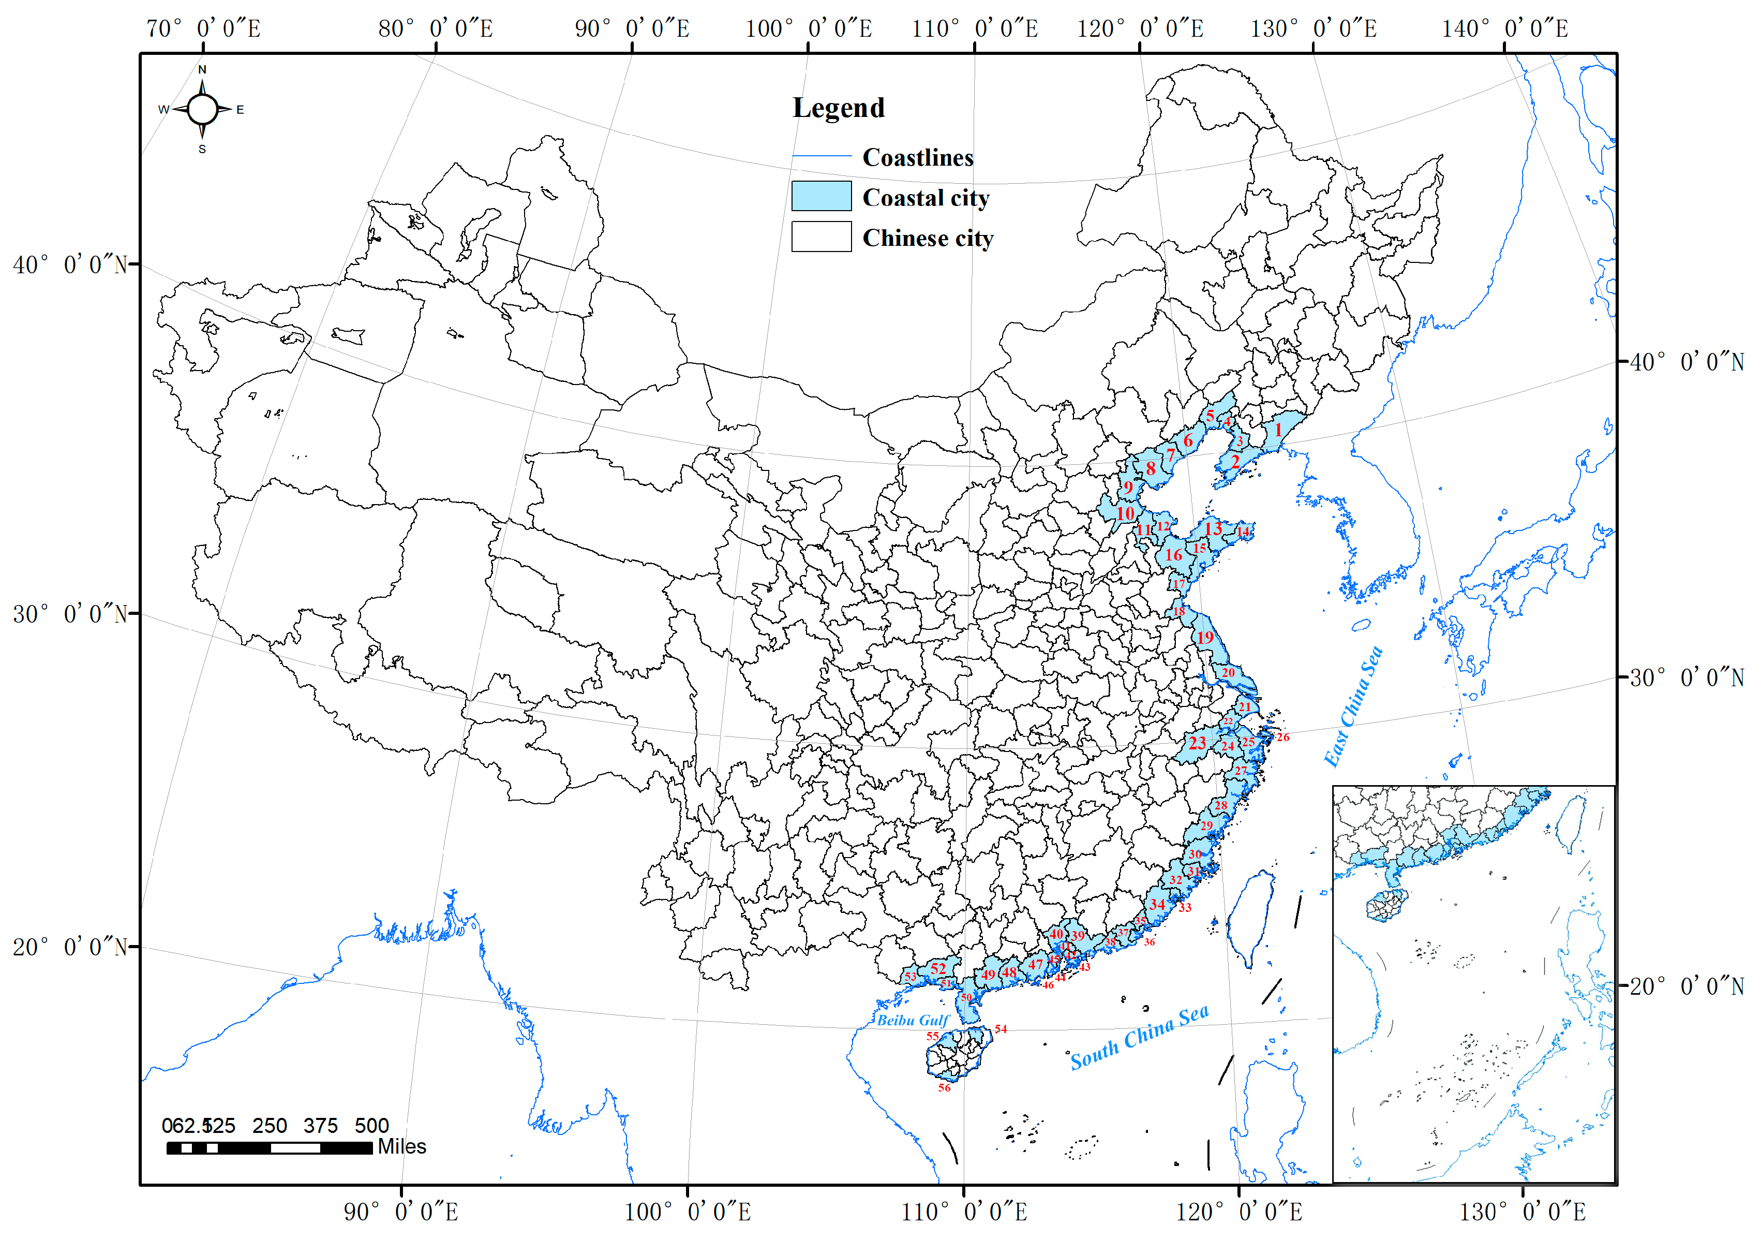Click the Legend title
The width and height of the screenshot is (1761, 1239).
pyautogui.click(x=838, y=108)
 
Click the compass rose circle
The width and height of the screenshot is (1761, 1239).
pyautogui.click(x=202, y=109)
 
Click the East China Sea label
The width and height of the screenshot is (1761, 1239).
pyautogui.click(x=1354, y=706)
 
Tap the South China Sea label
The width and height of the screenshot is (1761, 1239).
pyautogui.click(x=1140, y=1037)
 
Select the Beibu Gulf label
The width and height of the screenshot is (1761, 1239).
pyautogui.click(x=913, y=1021)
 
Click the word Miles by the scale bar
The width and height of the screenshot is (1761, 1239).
pyautogui.click(x=402, y=1146)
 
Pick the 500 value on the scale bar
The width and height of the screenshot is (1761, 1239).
pyautogui.click(x=372, y=1126)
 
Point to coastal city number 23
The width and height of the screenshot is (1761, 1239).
pyautogui.click(x=1197, y=743)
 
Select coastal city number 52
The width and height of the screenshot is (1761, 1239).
pyautogui.click(x=938, y=969)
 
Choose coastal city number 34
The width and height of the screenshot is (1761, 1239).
pyautogui.click(x=1157, y=904)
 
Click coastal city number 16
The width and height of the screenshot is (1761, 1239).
pyautogui.click(x=1173, y=555)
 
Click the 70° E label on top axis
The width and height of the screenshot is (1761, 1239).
pyautogui.click(x=203, y=29)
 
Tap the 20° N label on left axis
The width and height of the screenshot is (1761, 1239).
pyautogui.click(x=69, y=947)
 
